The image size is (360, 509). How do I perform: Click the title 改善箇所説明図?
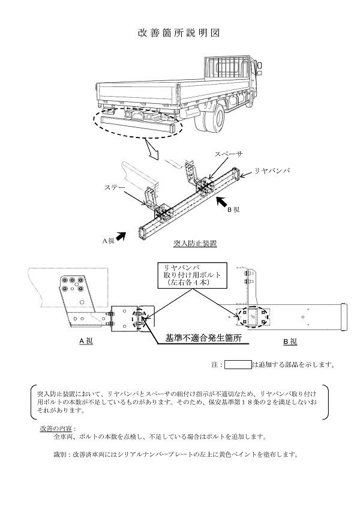[179, 34]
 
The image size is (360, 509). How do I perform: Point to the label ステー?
[115, 187]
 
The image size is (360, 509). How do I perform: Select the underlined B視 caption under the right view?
[290, 341]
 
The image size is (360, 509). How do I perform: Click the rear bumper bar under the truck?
[139, 125]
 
